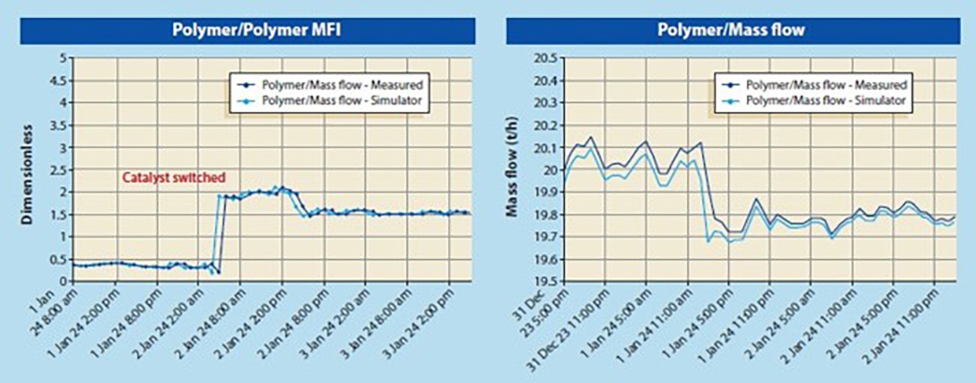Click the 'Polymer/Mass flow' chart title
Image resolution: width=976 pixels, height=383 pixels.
(731, 31)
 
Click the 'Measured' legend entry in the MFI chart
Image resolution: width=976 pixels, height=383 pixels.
(331, 83)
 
